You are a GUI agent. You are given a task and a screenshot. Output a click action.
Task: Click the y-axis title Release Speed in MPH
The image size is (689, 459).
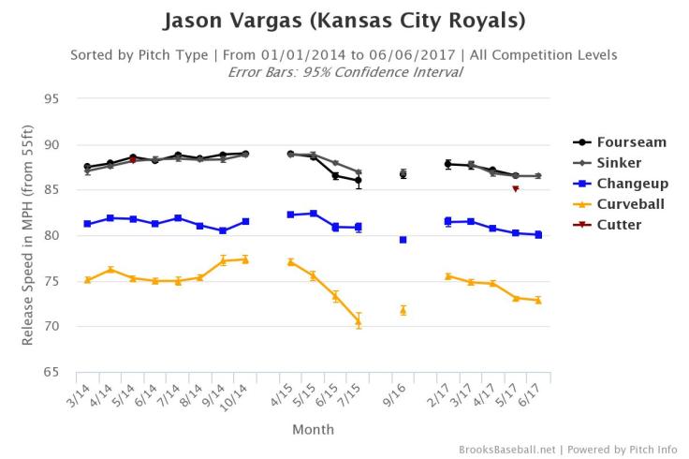coord(29,235)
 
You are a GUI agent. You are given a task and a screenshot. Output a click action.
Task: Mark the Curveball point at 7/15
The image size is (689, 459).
coord(359,321)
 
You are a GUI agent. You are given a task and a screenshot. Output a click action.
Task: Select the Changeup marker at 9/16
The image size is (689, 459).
coord(403,240)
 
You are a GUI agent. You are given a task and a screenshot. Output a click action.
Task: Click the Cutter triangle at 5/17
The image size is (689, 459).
coord(516,189)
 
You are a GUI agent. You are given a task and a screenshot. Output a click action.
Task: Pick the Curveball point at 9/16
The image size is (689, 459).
coord(403,310)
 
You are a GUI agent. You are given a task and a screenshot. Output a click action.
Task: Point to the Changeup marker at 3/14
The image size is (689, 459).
coord(87,224)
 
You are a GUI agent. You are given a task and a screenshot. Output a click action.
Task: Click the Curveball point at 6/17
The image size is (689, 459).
coord(538,300)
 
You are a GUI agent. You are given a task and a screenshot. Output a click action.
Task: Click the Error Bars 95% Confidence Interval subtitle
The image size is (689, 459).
coord(344,71)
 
